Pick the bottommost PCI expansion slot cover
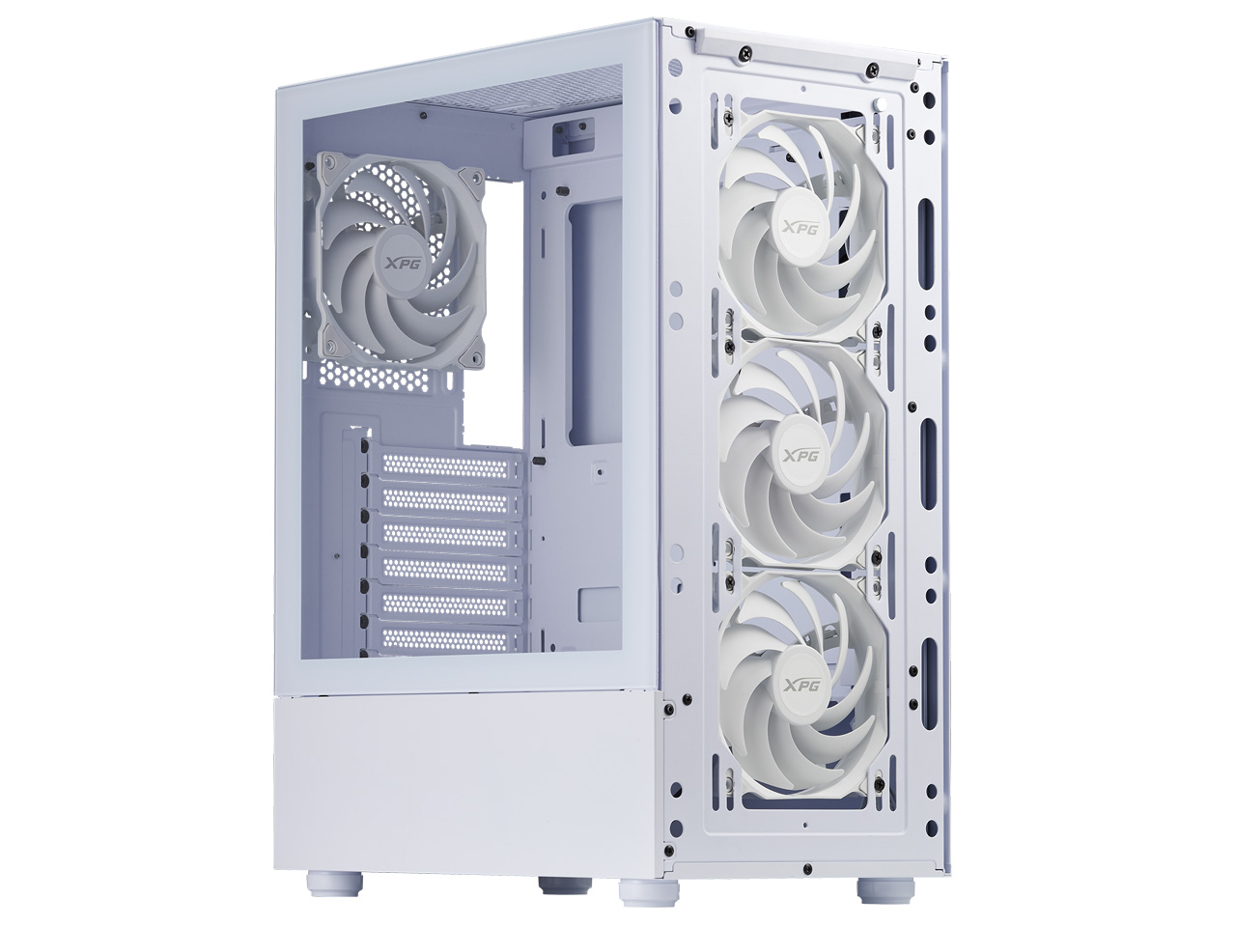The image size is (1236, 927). click(x=451, y=638)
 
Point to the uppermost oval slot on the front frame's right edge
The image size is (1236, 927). click(x=928, y=226)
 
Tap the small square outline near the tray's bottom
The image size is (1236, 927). click(x=591, y=604)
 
